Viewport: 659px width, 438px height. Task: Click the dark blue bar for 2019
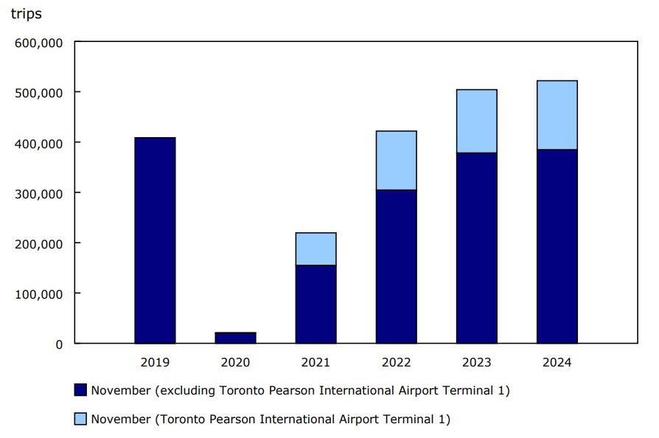click(x=155, y=240)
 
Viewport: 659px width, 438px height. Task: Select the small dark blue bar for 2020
click(x=235, y=338)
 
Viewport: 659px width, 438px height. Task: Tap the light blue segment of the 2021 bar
click(x=315, y=249)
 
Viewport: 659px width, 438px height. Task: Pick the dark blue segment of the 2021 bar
click(x=315, y=304)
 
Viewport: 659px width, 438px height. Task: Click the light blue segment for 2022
click(x=396, y=161)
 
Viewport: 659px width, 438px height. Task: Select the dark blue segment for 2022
click(x=396, y=266)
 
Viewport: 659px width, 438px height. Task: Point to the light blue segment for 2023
click(x=476, y=121)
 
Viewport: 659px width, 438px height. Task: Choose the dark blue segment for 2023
click(x=476, y=248)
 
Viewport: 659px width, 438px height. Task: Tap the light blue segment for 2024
click(x=557, y=115)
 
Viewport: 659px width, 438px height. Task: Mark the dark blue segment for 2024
click(x=557, y=246)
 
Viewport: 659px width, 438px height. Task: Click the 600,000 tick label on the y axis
click(x=39, y=42)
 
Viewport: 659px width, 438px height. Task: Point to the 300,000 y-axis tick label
click(x=39, y=193)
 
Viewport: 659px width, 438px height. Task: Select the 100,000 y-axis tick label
click(x=39, y=293)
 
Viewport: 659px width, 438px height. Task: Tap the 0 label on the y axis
click(x=59, y=344)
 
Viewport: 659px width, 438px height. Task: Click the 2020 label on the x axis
click(x=235, y=362)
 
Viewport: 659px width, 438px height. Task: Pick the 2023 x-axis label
click(x=476, y=362)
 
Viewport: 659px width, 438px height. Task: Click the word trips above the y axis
click(x=26, y=14)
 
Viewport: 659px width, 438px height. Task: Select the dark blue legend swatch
click(x=81, y=390)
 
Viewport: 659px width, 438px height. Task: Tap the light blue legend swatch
click(x=81, y=419)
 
